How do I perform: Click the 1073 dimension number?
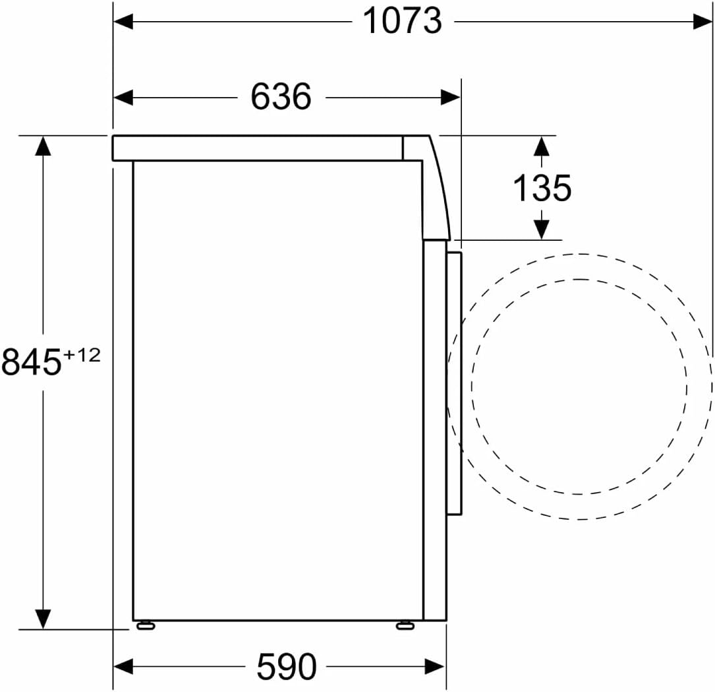[x=402, y=21]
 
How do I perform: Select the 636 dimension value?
[x=281, y=96]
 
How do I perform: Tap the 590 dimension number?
[x=287, y=666]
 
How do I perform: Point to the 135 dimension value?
[x=542, y=187]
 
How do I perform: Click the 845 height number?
[x=31, y=361]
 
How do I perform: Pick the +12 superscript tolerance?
[x=82, y=355]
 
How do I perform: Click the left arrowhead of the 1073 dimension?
[x=123, y=22]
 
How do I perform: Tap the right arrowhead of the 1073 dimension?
[x=702, y=22]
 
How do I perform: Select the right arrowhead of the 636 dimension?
[x=451, y=97]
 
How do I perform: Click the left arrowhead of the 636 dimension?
[x=123, y=97]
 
